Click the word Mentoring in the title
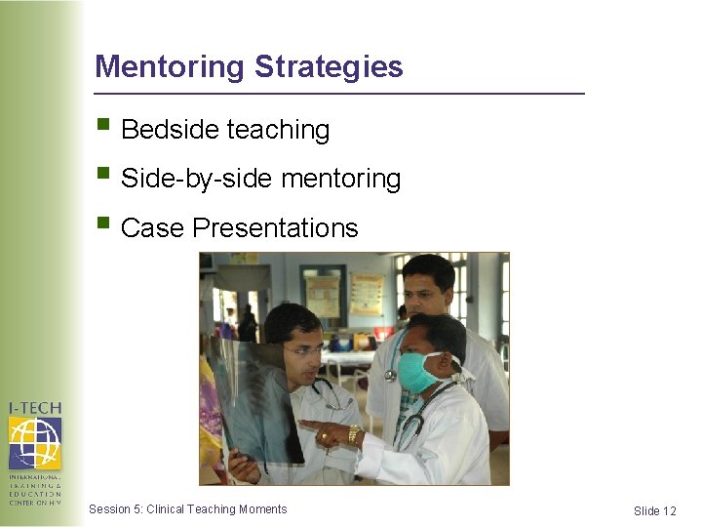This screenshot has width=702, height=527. pyautogui.click(x=169, y=67)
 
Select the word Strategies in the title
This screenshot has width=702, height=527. pyautogui.click(x=329, y=67)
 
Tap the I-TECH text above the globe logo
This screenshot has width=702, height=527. pyautogui.click(x=34, y=407)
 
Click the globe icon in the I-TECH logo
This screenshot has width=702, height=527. pyautogui.click(x=34, y=442)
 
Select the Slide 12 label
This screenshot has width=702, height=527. pyautogui.click(x=654, y=511)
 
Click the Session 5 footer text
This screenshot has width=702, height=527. pyautogui.click(x=187, y=509)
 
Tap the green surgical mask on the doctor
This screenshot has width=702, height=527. pyautogui.click(x=416, y=372)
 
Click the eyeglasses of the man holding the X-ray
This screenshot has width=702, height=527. pyautogui.click(x=300, y=349)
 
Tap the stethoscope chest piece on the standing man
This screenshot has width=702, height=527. pyautogui.click(x=390, y=375)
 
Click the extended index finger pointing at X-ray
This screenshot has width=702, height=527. pyautogui.click(x=310, y=425)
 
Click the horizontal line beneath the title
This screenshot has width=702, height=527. pyautogui.click(x=339, y=94)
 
